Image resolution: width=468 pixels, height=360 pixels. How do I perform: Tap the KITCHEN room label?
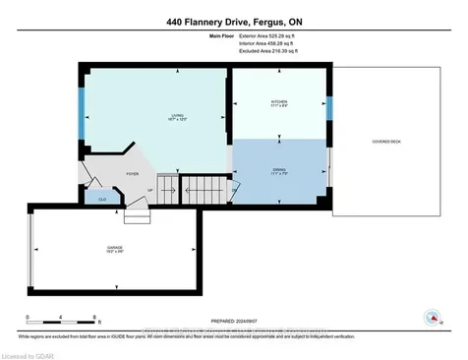[x=279, y=102]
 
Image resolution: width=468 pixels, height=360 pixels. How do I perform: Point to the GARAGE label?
[x=115, y=249]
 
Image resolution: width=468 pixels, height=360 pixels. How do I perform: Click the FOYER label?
[x=131, y=174]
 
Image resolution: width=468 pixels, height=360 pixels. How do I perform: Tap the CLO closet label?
[x=99, y=200]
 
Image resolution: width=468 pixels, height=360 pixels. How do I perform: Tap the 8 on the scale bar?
[x=94, y=317]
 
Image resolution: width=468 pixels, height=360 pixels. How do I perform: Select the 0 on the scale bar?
[x=29, y=317]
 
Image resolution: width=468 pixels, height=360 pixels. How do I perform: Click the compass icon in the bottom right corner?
[x=431, y=316]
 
